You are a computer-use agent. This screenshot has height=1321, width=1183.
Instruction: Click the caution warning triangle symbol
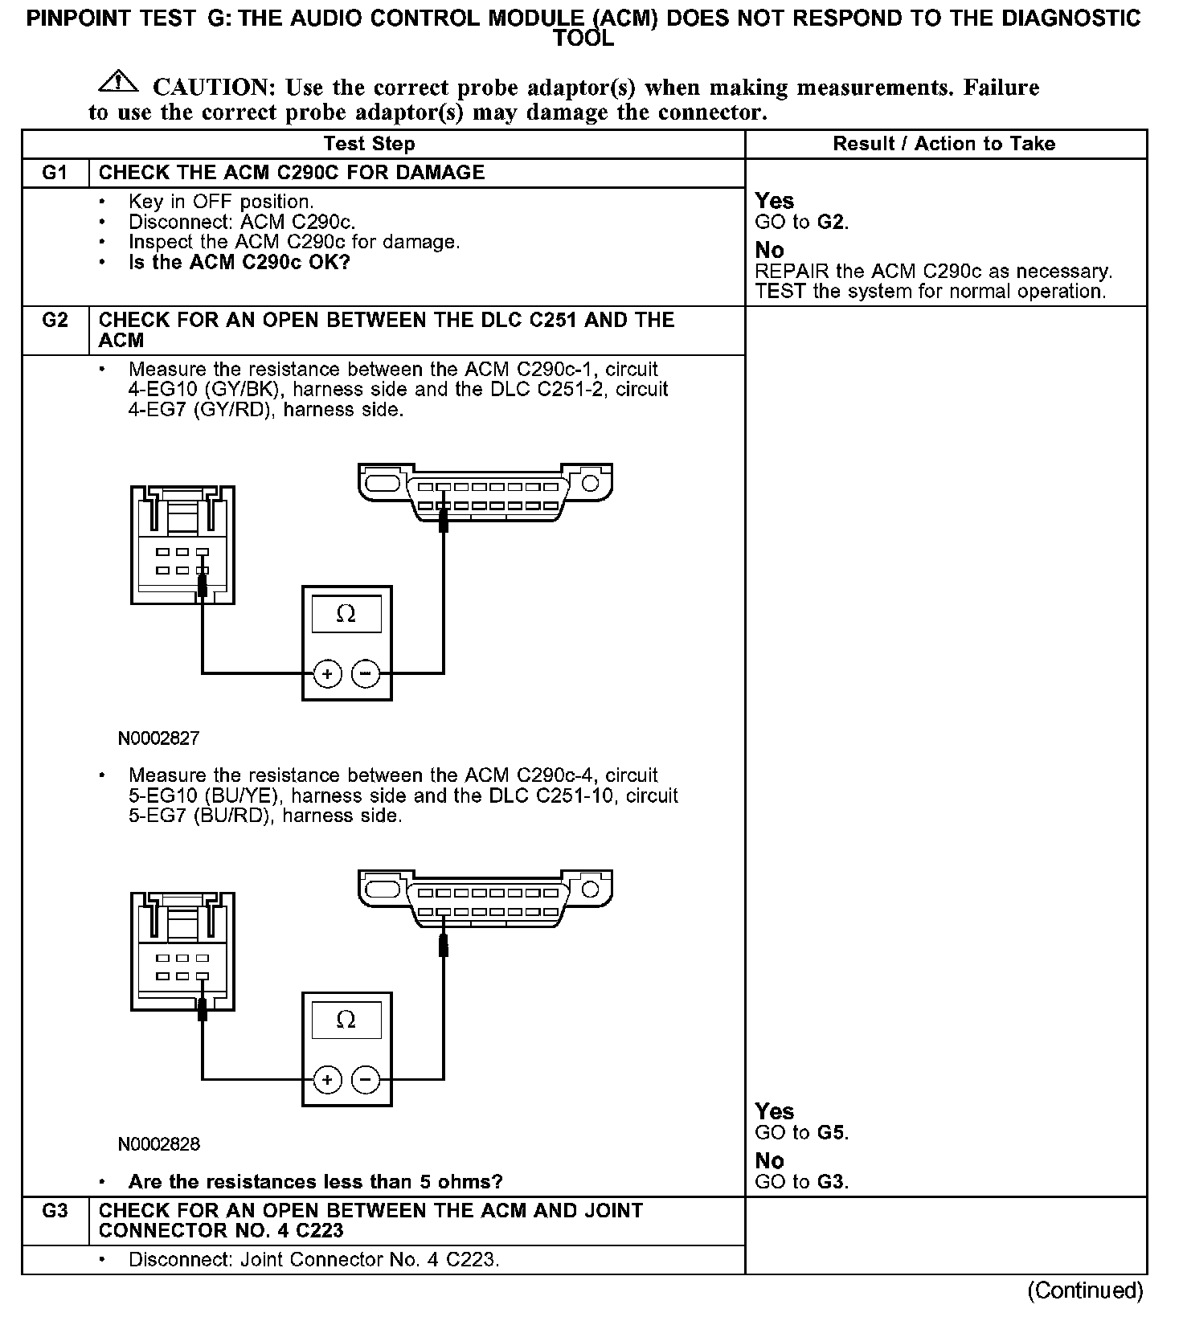(x=117, y=80)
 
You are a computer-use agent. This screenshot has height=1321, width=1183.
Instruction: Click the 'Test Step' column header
(x=369, y=144)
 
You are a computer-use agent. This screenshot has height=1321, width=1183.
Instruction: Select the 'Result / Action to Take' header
(x=944, y=144)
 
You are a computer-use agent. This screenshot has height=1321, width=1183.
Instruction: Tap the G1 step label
(x=55, y=173)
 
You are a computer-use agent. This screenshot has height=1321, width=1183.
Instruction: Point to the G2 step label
(x=55, y=320)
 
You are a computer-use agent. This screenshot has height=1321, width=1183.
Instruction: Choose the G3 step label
(x=55, y=1210)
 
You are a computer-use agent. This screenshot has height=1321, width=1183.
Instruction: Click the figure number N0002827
(x=158, y=738)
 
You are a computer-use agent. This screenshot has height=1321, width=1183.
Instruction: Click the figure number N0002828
(x=158, y=1143)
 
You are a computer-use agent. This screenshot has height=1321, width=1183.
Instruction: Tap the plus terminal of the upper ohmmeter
(x=327, y=673)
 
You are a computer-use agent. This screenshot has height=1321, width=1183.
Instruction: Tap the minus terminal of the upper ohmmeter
(x=366, y=673)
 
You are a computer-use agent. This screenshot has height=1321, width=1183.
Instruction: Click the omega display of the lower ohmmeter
(x=346, y=1020)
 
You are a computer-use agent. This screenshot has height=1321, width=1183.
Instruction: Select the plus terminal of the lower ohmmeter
(x=327, y=1080)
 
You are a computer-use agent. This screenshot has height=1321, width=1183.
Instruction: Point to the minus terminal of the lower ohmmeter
(x=366, y=1080)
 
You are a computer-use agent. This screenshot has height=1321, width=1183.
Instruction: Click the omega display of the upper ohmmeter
(x=346, y=614)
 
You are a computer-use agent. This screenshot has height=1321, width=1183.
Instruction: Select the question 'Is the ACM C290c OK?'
(x=239, y=263)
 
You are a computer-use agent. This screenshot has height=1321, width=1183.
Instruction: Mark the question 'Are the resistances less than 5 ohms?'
(x=315, y=1182)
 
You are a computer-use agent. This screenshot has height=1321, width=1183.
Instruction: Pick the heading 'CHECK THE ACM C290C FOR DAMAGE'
(x=291, y=173)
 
